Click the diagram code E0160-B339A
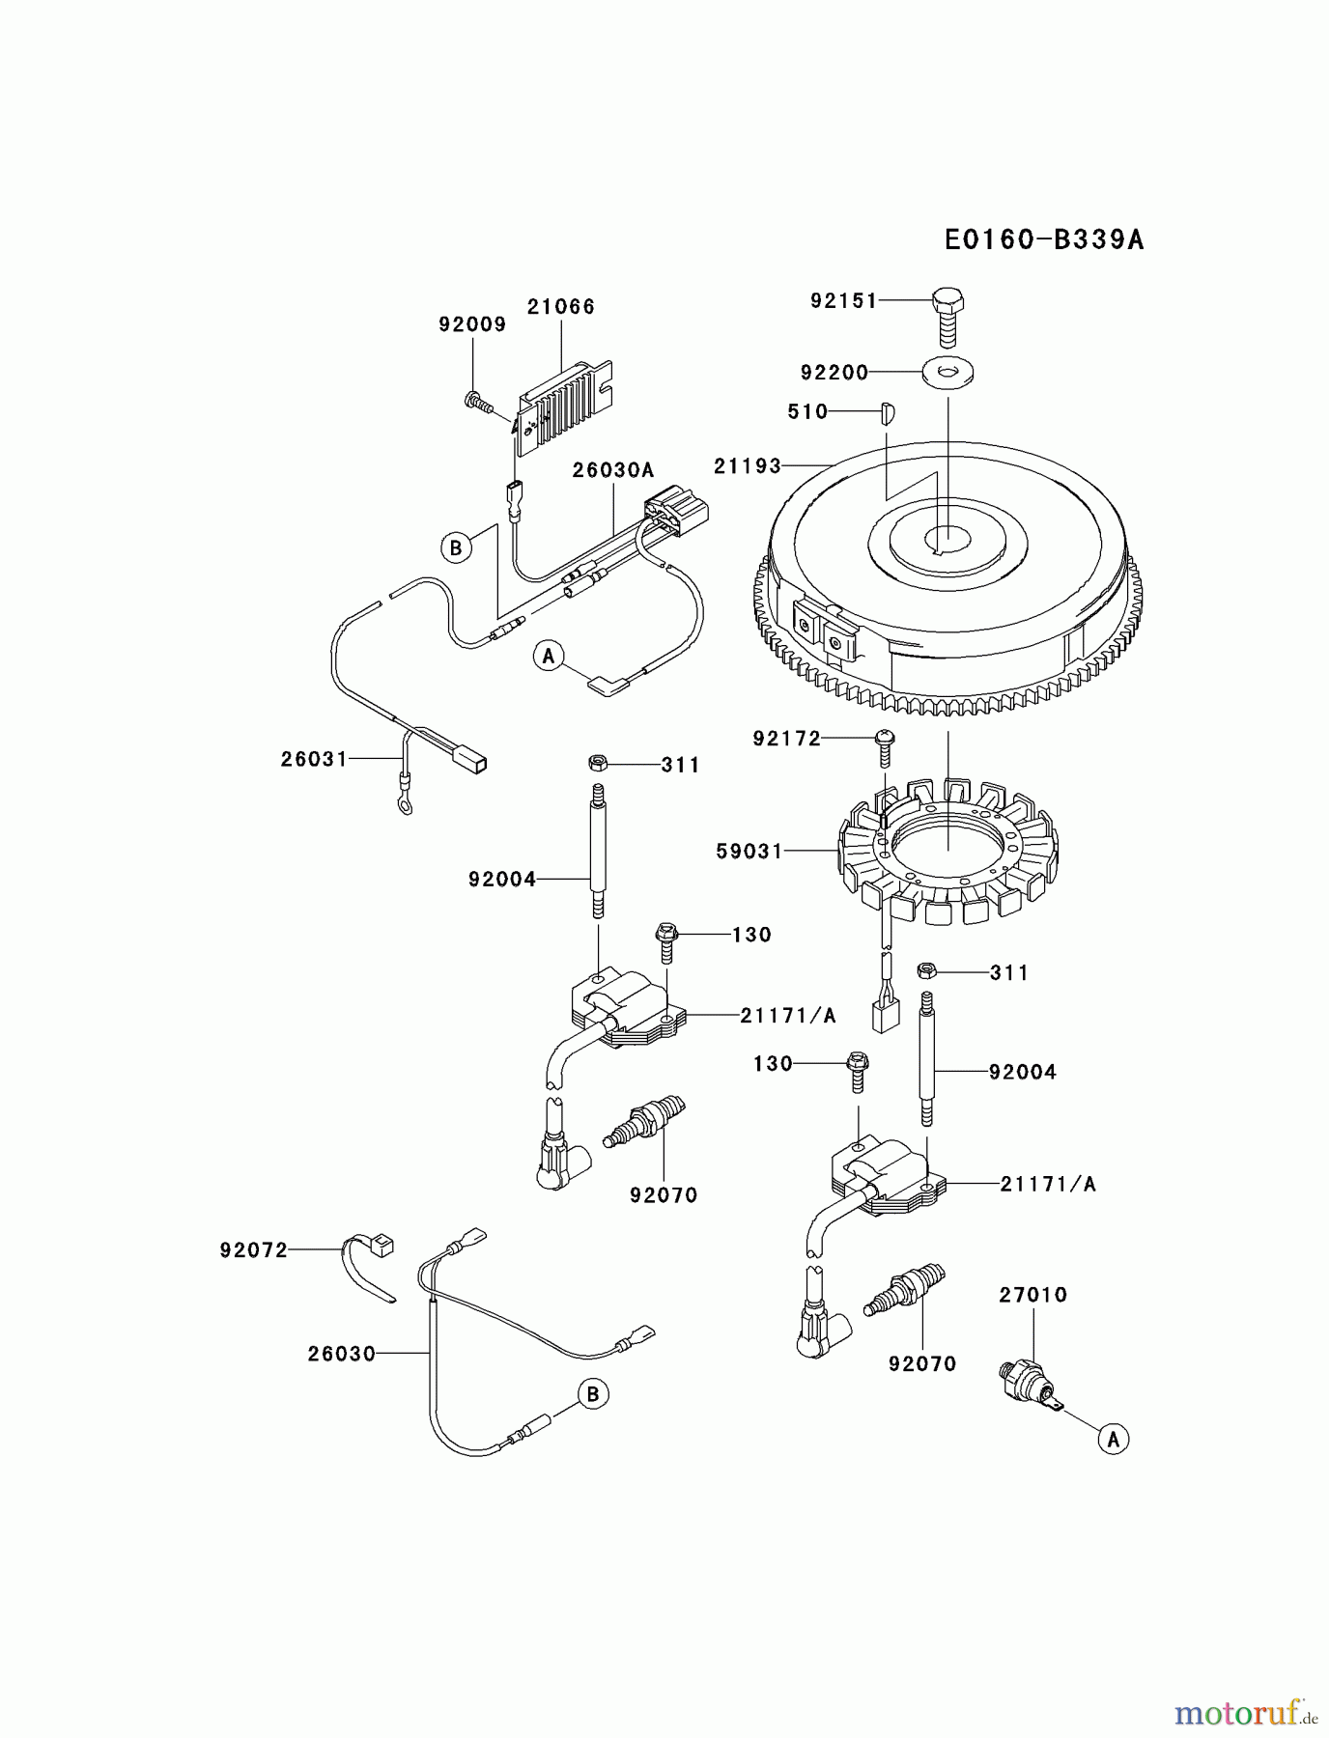coord(1044,239)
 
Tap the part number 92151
coord(843,301)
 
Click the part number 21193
coord(747,466)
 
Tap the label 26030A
coord(612,470)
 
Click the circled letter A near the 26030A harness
coord(549,657)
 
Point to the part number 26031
coord(314,760)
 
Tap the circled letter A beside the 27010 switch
coord(1114,1440)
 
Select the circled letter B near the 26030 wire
coord(593,1394)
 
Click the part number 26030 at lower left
coord(341,1355)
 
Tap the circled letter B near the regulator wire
coord(455,548)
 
